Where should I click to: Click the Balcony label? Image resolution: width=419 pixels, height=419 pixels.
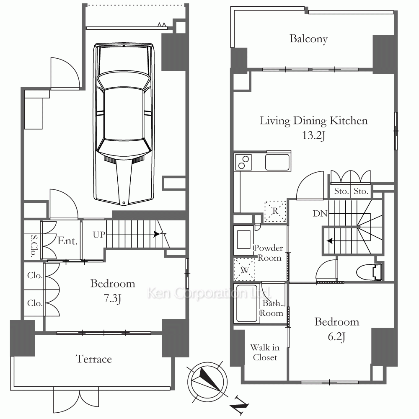tap(309, 39)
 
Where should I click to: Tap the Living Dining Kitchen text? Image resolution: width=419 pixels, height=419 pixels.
tap(314, 121)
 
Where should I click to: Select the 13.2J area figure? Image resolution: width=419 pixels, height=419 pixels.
tap(313, 135)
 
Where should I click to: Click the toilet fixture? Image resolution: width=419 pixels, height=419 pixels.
tap(370, 272)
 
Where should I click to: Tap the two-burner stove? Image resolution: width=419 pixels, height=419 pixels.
tap(243, 162)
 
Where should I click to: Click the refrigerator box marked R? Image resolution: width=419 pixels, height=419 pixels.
tap(275, 211)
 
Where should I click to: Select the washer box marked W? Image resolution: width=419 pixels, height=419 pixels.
tap(245, 269)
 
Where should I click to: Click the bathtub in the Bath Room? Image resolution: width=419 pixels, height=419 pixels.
tap(246, 303)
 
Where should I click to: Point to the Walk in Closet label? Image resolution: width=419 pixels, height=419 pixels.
tap(265, 352)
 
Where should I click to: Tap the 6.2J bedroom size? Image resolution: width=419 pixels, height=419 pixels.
tap(336, 337)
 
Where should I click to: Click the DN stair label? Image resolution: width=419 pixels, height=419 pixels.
tap(320, 214)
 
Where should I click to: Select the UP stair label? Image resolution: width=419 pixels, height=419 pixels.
tap(99, 235)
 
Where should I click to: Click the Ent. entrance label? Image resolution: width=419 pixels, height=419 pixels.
tap(67, 241)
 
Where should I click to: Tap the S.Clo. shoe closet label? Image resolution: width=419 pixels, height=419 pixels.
tap(34, 246)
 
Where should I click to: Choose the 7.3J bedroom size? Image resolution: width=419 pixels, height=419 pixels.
tap(112, 298)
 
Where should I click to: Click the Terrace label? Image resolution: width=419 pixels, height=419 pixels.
tap(94, 359)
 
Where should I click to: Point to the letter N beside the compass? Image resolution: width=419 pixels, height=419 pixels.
tap(240, 406)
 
